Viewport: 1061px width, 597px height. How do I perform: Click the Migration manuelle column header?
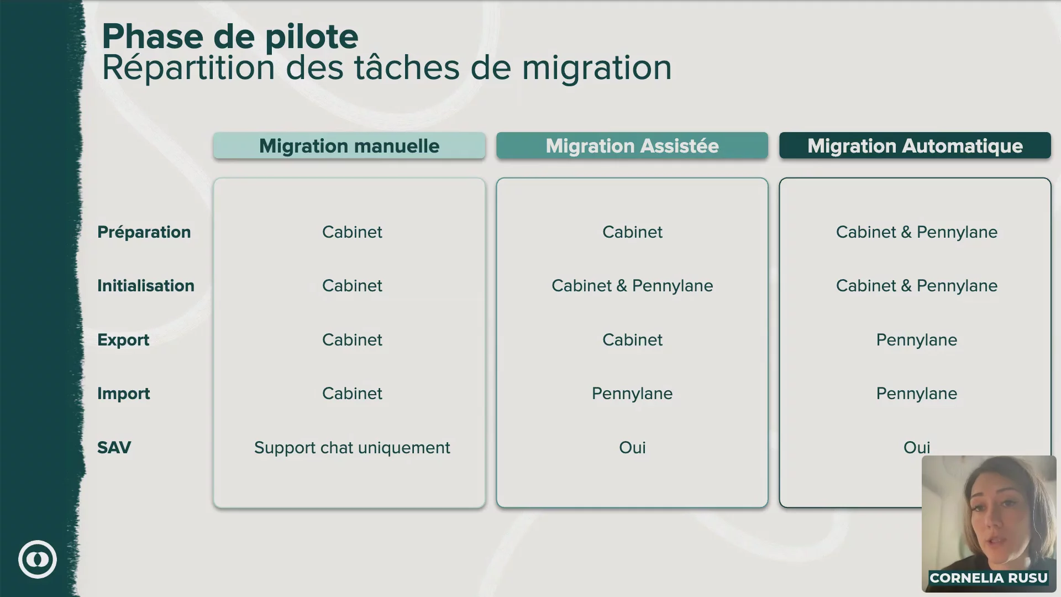pyautogui.click(x=349, y=146)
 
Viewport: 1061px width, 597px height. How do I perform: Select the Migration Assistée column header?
pyautogui.click(x=632, y=146)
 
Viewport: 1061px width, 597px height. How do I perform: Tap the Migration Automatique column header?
pyautogui.click(x=915, y=146)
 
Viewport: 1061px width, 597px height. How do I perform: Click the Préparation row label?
pyautogui.click(x=144, y=232)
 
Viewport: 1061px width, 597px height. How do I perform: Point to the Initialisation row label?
pyautogui.click(x=146, y=286)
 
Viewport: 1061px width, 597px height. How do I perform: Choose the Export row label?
pyautogui.click(x=123, y=340)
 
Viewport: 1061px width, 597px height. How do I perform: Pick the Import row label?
pyautogui.click(x=124, y=394)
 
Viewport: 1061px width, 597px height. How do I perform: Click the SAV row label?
pyautogui.click(x=114, y=448)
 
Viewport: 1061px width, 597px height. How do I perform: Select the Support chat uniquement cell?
pyautogui.click(x=352, y=448)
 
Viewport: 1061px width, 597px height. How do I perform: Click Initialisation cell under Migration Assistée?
pyautogui.click(x=632, y=286)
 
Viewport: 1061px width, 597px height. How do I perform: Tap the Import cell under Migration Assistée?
pyautogui.click(x=632, y=394)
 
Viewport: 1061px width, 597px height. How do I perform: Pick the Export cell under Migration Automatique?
pyautogui.click(x=917, y=340)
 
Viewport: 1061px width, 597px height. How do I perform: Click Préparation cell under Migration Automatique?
pyautogui.click(x=917, y=232)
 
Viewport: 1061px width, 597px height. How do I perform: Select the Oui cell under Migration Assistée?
pyautogui.click(x=632, y=448)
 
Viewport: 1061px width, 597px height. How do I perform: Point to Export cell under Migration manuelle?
pyautogui.click(x=352, y=340)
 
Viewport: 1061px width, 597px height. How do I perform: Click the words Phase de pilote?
pyautogui.click(x=230, y=38)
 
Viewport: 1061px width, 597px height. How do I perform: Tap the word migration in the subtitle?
pyautogui.click(x=597, y=69)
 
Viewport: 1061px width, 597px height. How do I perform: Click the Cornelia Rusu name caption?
pyautogui.click(x=989, y=578)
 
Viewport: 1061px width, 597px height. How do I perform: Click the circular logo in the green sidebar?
pyautogui.click(x=38, y=559)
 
